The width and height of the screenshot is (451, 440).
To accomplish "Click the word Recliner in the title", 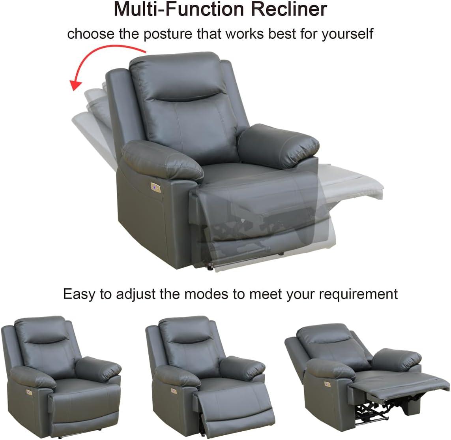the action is click(289, 9).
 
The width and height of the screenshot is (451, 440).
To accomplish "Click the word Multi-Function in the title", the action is click(179, 9).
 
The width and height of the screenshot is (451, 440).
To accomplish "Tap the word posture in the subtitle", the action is click(167, 34).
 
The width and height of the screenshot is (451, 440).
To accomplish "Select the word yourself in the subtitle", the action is click(347, 34).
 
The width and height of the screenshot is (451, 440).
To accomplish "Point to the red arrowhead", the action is click(76, 85).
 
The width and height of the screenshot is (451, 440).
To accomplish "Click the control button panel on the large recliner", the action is click(155, 188).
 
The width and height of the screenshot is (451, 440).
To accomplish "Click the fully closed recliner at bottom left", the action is click(61, 377).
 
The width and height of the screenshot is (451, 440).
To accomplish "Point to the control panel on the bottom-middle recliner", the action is click(174, 391).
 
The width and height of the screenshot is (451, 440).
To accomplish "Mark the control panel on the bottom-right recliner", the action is click(327, 384).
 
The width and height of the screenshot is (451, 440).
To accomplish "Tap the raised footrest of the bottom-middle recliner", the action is click(234, 408).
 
